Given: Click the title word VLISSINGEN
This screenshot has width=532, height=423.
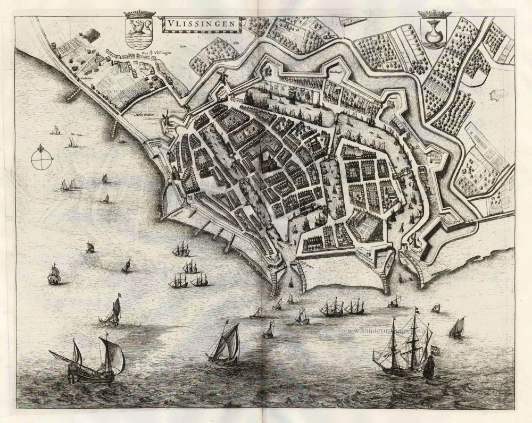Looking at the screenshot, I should coord(202,23).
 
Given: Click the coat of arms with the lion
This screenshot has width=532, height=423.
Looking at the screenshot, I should coord(140,33).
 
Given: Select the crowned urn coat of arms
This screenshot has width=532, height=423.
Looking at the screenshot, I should coord(434,33).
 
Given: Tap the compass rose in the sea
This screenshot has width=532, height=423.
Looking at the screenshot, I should coord(42,157).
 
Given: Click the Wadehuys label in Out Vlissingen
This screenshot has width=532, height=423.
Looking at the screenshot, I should coord(87,77).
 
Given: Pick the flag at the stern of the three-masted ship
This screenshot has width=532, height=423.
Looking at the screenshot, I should coord(435,350).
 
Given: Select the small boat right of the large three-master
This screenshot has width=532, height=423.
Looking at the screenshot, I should coord(456,328).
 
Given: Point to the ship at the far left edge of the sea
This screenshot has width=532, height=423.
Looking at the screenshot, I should coord(54,275).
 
